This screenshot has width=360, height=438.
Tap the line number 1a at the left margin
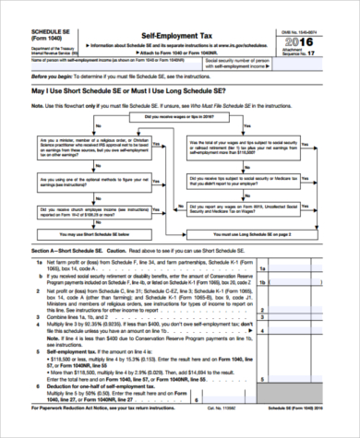tap(26, 262)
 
